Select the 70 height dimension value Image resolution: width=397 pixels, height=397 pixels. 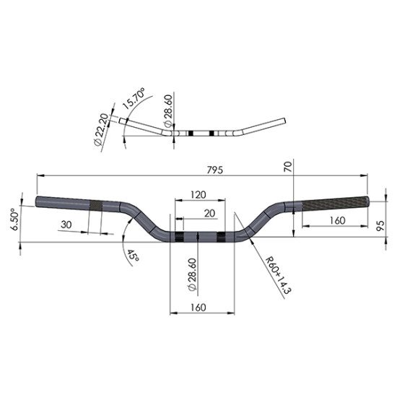tap(288, 167)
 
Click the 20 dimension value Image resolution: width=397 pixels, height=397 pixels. tap(209, 213)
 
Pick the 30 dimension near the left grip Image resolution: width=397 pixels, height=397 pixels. tap(67, 224)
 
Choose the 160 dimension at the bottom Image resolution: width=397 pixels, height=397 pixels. tap(200, 307)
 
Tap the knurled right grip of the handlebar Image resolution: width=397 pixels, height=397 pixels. tap(332, 204)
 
